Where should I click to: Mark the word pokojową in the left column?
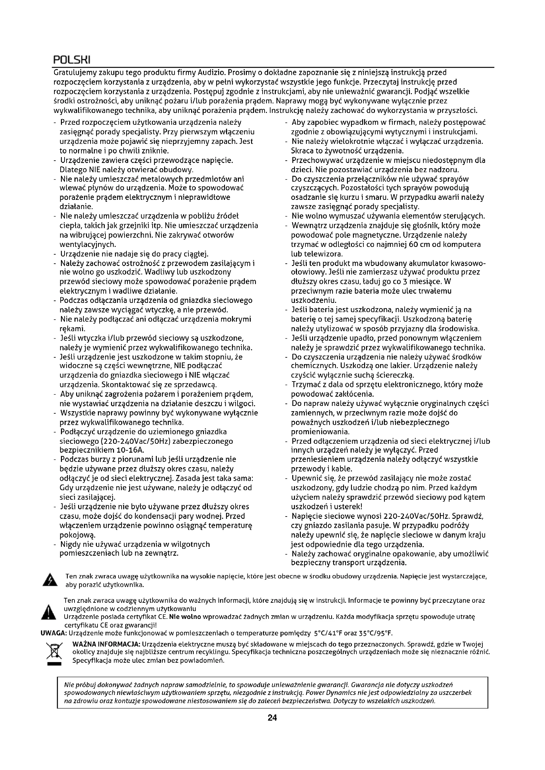click(x=77, y=535)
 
